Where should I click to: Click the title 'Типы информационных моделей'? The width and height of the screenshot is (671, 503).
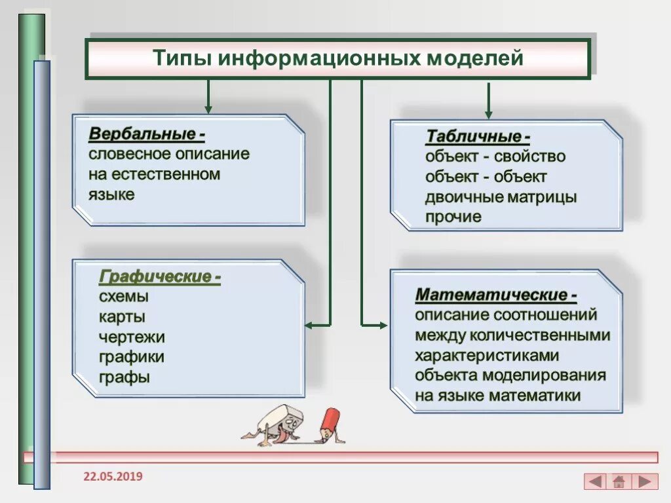click(x=338, y=58)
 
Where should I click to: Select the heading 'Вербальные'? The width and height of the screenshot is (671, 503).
click(x=146, y=134)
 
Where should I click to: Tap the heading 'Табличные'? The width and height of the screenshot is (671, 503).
click(x=477, y=136)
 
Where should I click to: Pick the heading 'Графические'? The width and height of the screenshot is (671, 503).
click(x=159, y=276)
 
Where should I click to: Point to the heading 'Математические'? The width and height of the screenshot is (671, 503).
click(x=496, y=294)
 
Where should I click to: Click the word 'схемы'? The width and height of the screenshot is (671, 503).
click(x=124, y=297)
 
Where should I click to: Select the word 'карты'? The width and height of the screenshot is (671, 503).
click(x=123, y=317)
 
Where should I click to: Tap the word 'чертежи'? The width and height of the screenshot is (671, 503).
click(x=132, y=337)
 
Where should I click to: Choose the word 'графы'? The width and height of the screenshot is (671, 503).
click(x=125, y=377)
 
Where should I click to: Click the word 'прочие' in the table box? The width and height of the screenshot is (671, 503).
click(x=453, y=217)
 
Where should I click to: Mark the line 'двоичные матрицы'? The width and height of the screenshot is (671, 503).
click(x=501, y=197)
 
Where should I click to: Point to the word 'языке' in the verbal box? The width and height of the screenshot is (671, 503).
click(x=111, y=195)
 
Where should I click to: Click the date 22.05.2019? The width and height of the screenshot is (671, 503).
click(x=113, y=476)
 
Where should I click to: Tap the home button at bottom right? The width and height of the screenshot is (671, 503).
click(x=619, y=482)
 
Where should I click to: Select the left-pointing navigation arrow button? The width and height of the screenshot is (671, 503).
click(x=595, y=482)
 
